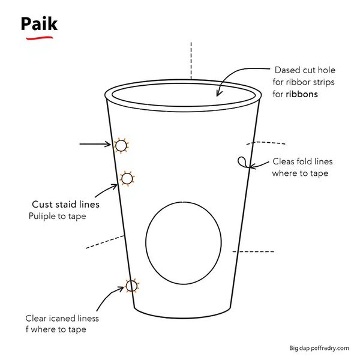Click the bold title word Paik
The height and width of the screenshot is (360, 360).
click(x=39, y=23)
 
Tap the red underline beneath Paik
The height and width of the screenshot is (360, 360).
click(x=40, y=38)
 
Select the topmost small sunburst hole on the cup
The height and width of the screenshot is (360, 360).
click(x=121, y=146)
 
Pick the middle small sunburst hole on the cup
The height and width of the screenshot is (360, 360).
click(x=127, y=178)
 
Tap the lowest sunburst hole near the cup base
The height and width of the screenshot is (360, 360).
click(x=132, y=286)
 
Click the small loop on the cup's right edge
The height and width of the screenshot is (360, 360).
click(x=242, y=162)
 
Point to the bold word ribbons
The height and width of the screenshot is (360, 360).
click(x=302, y=94)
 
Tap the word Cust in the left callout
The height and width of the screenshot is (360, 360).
click(x=42, y=205)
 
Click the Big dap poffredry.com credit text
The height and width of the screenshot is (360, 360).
click(x=319, y=348)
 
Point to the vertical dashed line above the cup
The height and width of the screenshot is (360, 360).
click(x=191, y=61)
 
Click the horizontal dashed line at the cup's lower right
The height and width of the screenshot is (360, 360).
click(x=253, y=251)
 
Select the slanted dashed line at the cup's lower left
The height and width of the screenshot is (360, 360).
click(x=104, y=242)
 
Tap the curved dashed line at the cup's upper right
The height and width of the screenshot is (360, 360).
click(x=266, y=143)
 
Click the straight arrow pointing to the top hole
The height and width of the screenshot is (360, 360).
click(x=95, y=144)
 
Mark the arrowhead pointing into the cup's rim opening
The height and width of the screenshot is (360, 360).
click(x=218, y=94)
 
